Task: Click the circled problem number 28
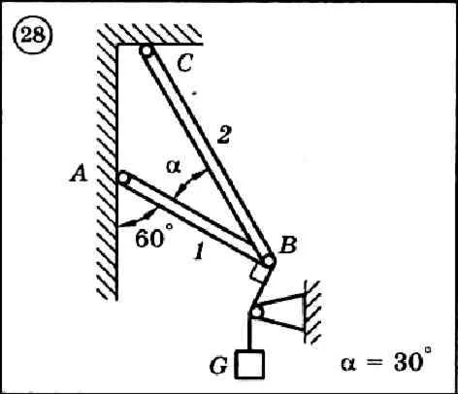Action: coord(32,34)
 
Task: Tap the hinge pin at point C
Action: coord(147,50)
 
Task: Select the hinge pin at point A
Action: coord(123,178)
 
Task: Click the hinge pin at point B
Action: coord(269,261)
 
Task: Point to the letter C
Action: coord(185,62)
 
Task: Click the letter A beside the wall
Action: coord(79,173)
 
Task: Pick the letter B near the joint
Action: coord(288,245)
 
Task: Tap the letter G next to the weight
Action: coord(218,366)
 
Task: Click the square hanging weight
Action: coord(250,365)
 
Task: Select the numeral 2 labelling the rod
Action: coord(224,134)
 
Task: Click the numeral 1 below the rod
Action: coord(199,251)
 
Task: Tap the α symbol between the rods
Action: coord(174,167)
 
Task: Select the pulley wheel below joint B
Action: coord(256,312)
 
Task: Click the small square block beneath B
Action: coord(259,273)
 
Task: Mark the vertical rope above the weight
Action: coord(249,334)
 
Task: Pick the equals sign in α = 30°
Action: coord(375,363)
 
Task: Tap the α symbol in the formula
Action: coord(349,363)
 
